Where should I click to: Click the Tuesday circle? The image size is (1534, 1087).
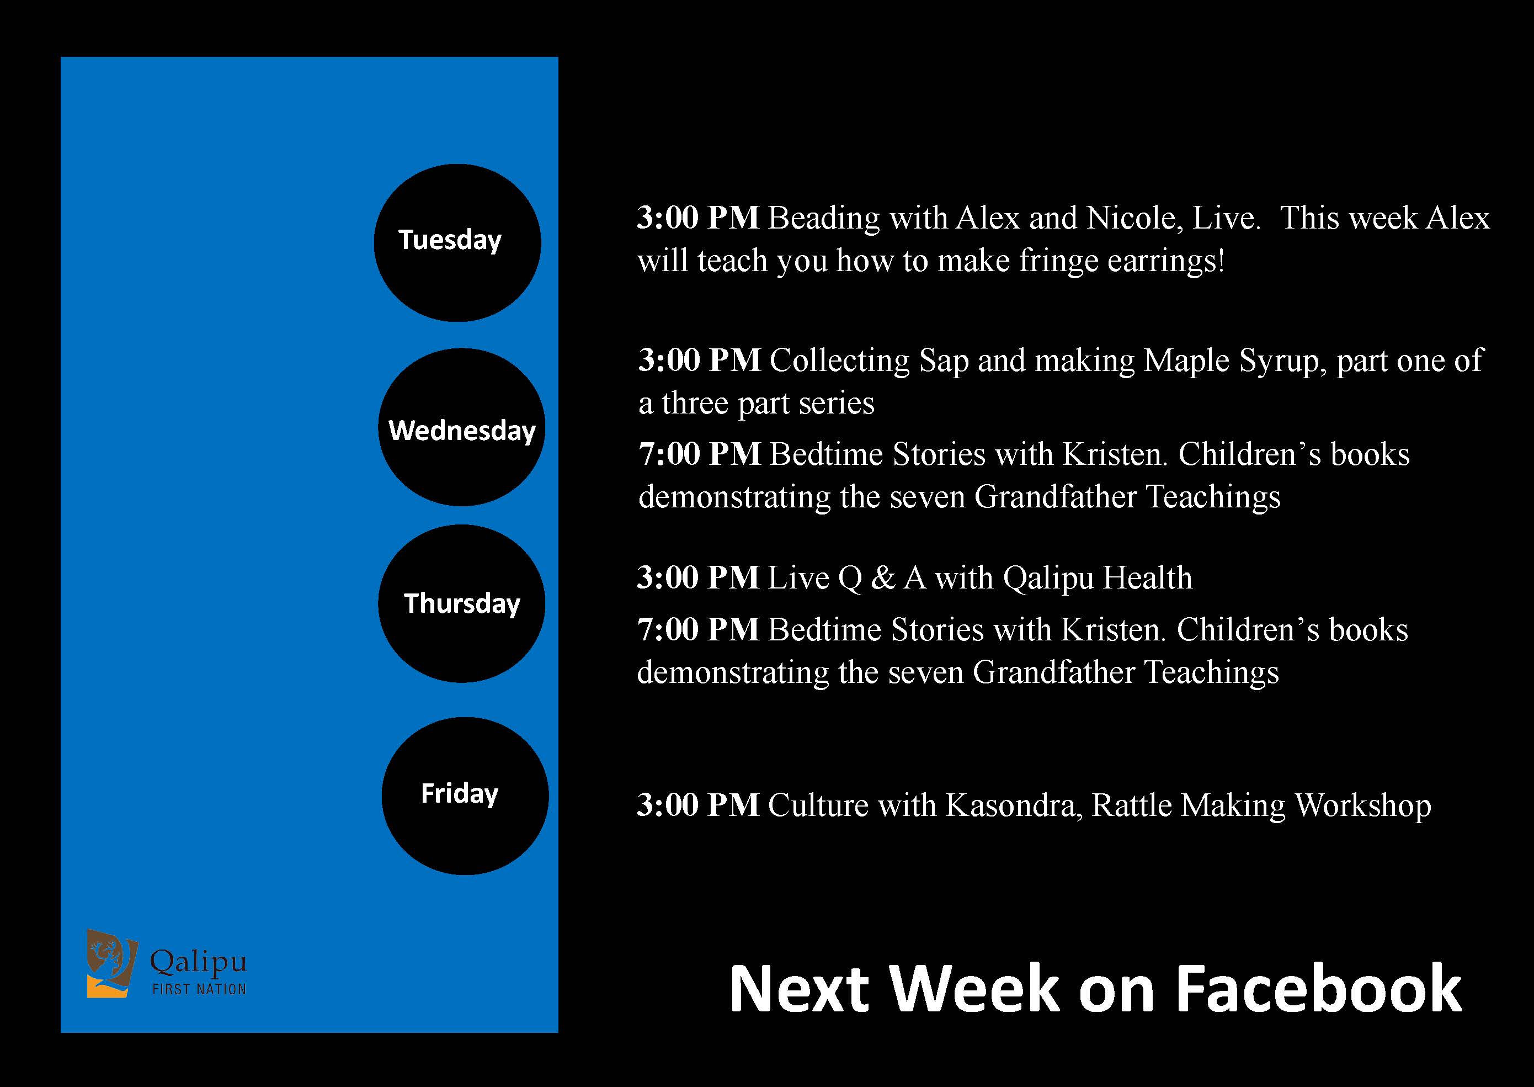(x=457, y=243)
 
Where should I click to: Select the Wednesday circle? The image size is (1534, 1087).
(x=462, y=427)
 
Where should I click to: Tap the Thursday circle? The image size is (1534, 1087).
(x=462, y=604)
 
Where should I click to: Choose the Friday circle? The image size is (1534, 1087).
(x=466, y=796)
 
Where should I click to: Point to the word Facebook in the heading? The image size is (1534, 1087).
(x=1318, y=989)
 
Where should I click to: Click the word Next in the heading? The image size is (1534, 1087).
(x=800, y=989)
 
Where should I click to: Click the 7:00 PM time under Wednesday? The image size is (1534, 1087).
(x=700, y=454)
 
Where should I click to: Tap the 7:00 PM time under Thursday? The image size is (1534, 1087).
(x=699, y=630)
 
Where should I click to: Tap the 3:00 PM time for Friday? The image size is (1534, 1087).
(x=699, y=805)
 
